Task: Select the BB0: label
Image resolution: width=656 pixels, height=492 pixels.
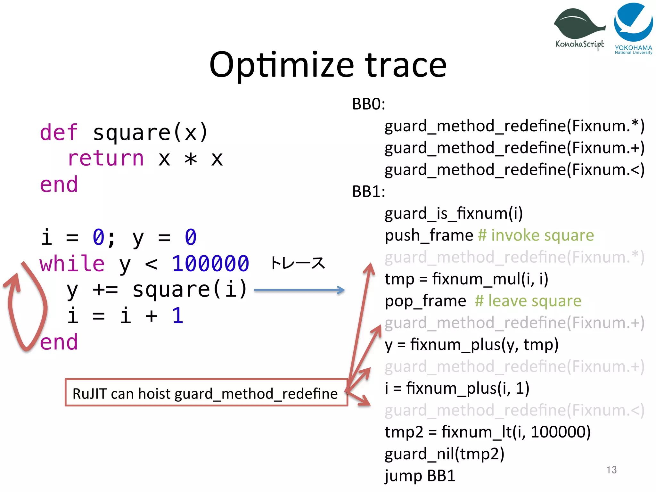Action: [x=368, y=104]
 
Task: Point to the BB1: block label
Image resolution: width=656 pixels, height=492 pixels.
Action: [x=368, y=192]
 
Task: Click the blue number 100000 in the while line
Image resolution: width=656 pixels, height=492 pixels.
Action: [x=210, y=264]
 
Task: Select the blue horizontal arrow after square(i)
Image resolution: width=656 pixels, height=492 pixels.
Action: [x=299, y=290]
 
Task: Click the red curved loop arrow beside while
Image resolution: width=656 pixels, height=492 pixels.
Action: [x=24, y=307]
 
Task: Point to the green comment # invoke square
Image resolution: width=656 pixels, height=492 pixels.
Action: [x=536, y=235]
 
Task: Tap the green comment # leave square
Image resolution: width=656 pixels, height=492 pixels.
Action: [x=528, y=301]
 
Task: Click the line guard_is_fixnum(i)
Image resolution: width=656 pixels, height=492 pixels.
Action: [x=454, y=214]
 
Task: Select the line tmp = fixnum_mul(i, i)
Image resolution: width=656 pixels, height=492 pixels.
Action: [x=466, y=279]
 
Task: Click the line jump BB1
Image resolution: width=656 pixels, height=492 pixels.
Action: [x=420, y=476]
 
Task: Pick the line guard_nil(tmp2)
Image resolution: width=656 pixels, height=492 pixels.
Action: [x=444, y=454]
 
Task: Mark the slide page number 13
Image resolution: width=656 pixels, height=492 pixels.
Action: [x=611, y=470]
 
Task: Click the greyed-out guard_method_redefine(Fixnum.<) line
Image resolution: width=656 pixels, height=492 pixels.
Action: [x=514, y=410]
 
